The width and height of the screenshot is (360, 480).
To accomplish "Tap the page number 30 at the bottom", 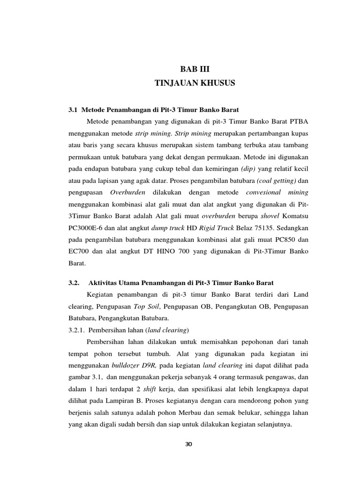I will [189, 444].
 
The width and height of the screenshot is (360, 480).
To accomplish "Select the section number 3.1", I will [73, 110].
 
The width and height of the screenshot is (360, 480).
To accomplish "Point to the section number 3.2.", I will [75, 283].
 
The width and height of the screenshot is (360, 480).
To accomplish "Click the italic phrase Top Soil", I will [147, 307].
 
